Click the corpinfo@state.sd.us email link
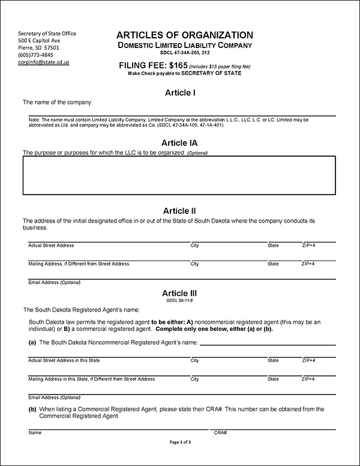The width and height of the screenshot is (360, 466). click(x=43, y=62)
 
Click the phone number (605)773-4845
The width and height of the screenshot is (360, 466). click(x=35, y=55)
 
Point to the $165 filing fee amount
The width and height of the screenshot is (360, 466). click(x=175, y=65)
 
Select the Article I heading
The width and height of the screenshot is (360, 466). click(x=180, y=92)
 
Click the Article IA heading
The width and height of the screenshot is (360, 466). click(x=180, y=143)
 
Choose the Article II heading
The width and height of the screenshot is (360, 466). click(x=180, y=211)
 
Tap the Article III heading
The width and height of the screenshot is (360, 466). click(x=180, y=292)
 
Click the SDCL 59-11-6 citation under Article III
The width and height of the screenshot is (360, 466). click(x=180, y=300)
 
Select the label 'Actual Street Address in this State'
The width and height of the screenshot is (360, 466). click(x=64, y=360)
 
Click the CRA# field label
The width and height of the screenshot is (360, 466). click(x=220, y=432)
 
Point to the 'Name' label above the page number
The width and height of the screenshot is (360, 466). click(x=35, y=432)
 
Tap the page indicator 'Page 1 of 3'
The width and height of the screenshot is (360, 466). click(x=180, y=443)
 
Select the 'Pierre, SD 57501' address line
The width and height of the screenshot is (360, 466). click(x=38, y=47)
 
